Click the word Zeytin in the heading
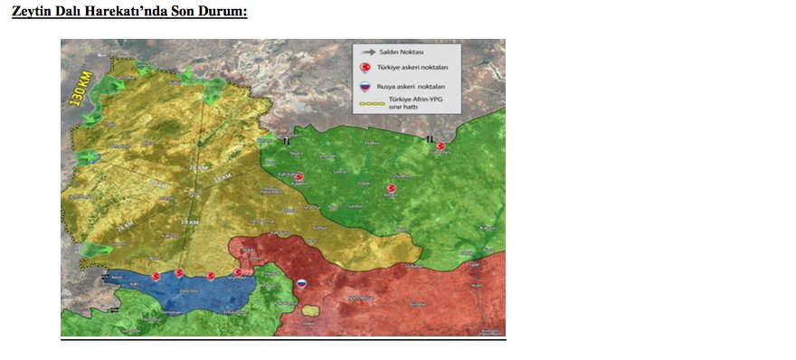point(31,12)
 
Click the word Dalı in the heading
point(70,12)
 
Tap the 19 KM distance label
point(189,222)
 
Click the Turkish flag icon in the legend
point(365,69)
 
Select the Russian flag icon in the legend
point(365,87)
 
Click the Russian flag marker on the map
point(303,283)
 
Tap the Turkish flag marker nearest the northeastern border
point(441,146)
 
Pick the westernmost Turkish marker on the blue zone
point(155,274)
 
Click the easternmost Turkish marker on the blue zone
point(239,272)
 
